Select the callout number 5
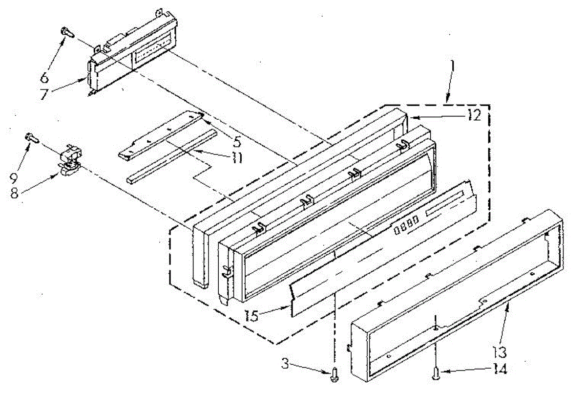(x=237, y=142)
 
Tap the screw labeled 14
(x=435, y=373)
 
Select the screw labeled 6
(x=66, y=31)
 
